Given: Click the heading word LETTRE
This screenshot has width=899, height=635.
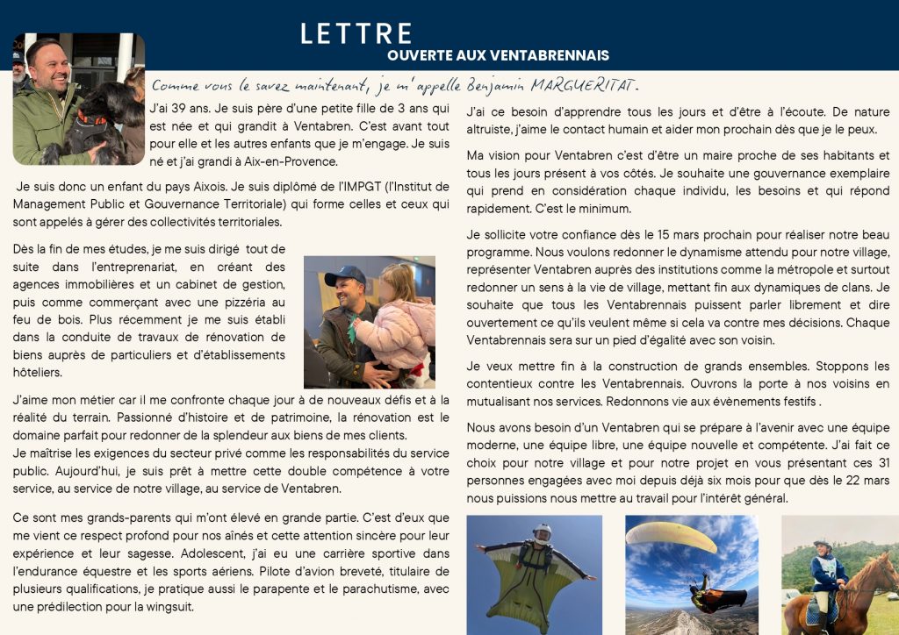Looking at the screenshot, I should (356, 33).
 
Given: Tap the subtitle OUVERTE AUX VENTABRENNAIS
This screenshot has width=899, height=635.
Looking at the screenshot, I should (498, 55).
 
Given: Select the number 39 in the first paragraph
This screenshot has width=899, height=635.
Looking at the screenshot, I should (176, 109).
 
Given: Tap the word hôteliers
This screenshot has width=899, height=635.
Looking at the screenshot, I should (38, 373).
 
